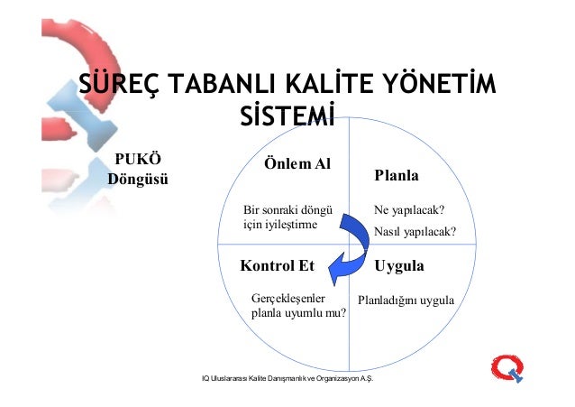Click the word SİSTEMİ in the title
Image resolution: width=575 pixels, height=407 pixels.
click(287, 119)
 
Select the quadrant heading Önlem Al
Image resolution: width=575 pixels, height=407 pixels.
click(297, 164)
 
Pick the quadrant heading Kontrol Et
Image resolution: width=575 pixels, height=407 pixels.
click(271, 266)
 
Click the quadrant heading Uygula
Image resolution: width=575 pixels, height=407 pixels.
click(399, 266)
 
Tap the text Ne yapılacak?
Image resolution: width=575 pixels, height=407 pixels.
click(411, 212)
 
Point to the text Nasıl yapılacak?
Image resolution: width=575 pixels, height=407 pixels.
click(415, 232)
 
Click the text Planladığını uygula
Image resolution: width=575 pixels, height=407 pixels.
click(406, 298)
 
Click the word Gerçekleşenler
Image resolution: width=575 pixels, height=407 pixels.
click(287, 297)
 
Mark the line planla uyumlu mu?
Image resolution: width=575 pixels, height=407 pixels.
click(298, 314)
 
